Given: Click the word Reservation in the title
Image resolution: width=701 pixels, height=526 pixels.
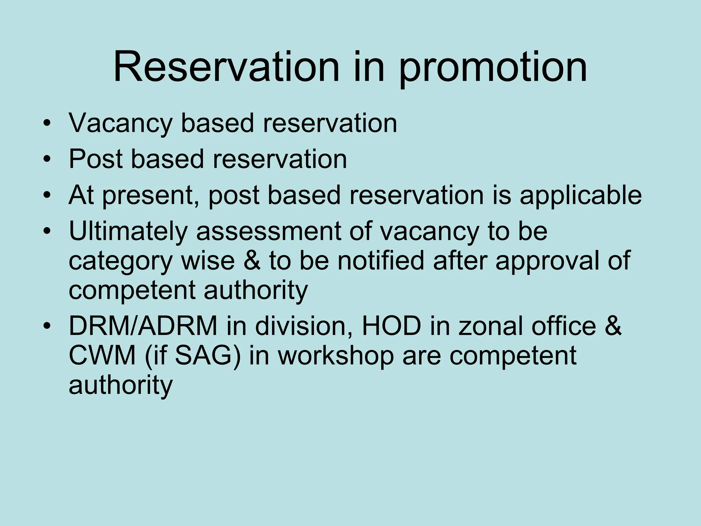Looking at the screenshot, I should click(226, 67).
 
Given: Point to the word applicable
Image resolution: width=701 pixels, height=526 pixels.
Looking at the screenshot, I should click(581, 196).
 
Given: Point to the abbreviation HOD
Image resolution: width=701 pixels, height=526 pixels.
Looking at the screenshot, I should click(392, 326).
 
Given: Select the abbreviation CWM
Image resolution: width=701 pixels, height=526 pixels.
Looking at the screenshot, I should click(102, 356).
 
